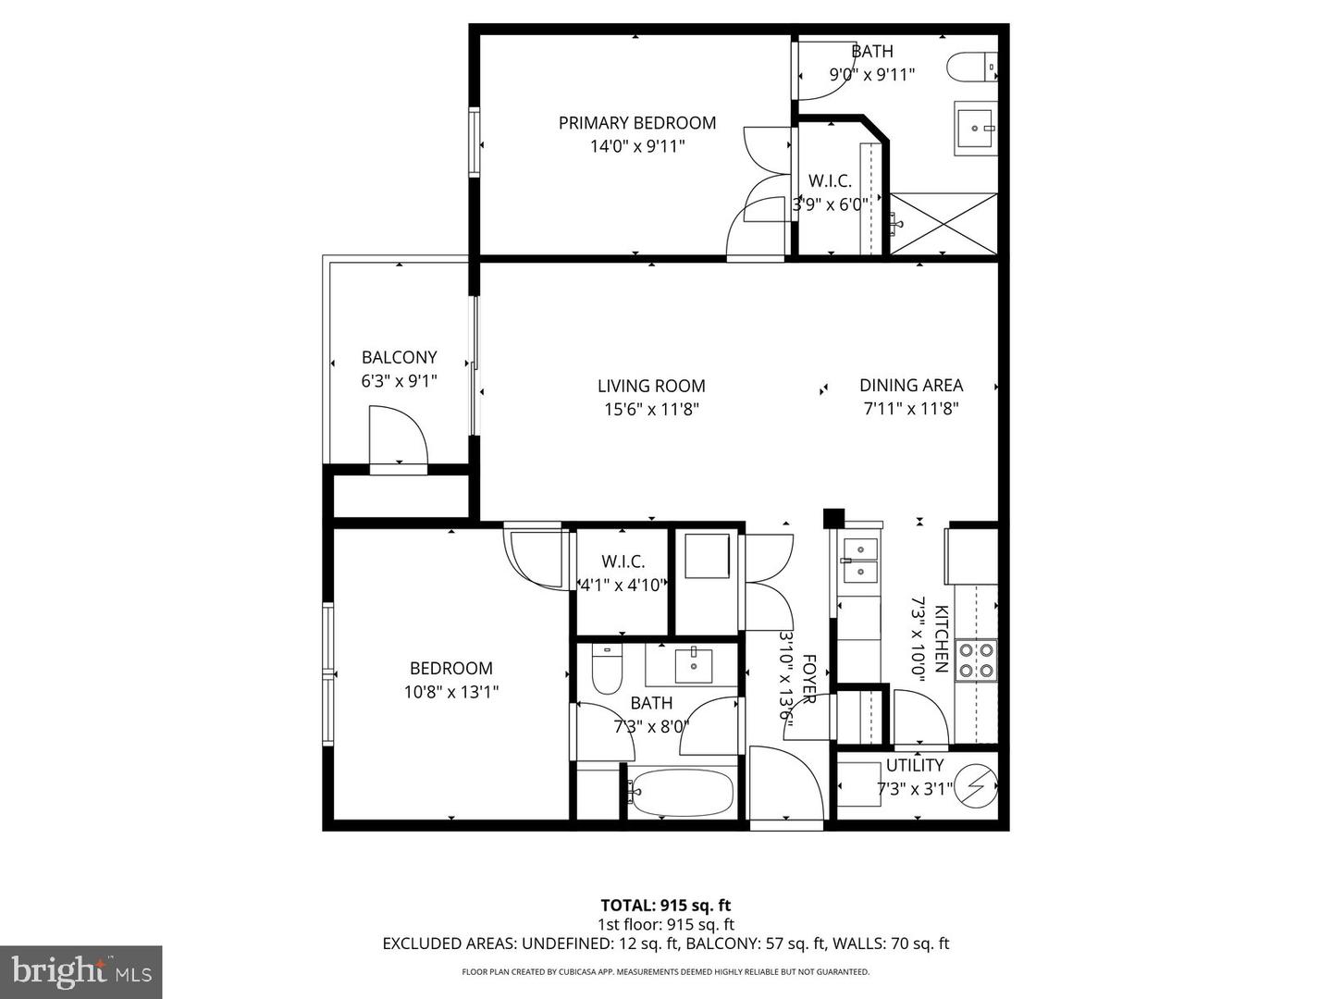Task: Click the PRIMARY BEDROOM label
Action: click(636, 123)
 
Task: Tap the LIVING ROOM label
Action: click(650, 387)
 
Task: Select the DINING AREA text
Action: click(910, 386)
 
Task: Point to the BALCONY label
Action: click(399, 357)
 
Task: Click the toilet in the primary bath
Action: click(971, 68)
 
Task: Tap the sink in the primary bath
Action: click(975, 128)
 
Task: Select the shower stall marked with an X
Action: click(943, 223)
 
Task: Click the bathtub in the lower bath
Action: click(683, 793)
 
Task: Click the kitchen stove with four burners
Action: click(977, 660)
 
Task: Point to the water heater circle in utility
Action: click(976, 787)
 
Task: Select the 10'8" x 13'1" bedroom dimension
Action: click(450, 692)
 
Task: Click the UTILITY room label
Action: click(914, 765)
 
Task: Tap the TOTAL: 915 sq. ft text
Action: click(665, 905)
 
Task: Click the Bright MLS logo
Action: click(81, 971)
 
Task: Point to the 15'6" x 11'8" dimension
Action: click(650, 409)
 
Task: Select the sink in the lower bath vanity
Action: click(694, 663)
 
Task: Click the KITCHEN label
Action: click(941, 638)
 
